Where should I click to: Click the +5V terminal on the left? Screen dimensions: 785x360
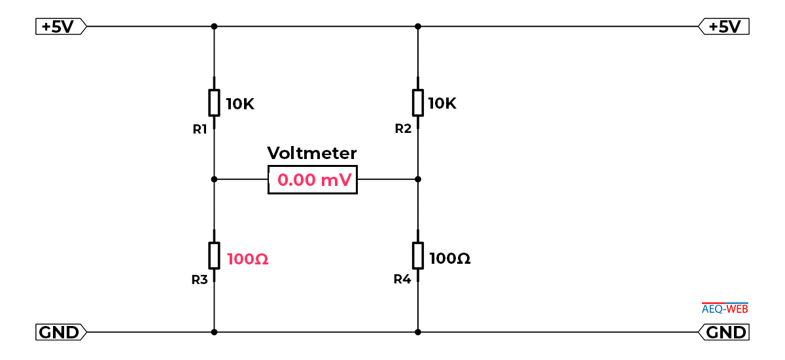coord(61,26)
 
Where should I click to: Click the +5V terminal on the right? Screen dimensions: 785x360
coord(724,26)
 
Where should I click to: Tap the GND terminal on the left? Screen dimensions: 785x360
coord(61,332)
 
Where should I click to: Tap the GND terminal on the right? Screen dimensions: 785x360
coord(724,332)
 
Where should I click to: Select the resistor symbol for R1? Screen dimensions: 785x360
coord(214,103)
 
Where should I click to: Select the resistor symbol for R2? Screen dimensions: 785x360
coord(418,103)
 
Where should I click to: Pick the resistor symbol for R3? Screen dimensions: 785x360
coord(214,255)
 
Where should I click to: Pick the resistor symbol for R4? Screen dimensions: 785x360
coord(418,255)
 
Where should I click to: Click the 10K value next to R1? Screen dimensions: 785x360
coord(240,104)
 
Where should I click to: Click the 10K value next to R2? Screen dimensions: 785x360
coord(442,103)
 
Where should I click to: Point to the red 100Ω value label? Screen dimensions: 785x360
coord(248,259)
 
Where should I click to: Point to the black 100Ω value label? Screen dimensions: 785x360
coord(450,259)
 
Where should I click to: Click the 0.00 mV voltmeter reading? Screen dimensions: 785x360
coord(315,180)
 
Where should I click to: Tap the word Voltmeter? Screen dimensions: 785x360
coord(312,153)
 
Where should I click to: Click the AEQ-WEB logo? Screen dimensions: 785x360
coord(725,308)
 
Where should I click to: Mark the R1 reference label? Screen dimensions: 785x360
coord(200,130)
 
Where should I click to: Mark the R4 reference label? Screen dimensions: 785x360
coord(402,279)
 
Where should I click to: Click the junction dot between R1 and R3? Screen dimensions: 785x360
coord(214,179)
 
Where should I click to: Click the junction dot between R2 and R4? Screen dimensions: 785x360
coord(418,179)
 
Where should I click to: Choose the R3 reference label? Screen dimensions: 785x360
coord(200,279)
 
